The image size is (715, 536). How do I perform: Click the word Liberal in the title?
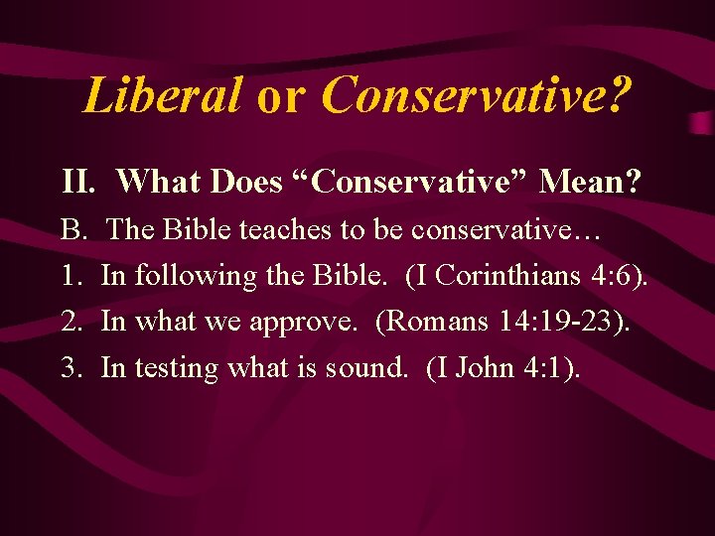(162, 95)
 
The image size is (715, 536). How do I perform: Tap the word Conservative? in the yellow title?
(477, 95)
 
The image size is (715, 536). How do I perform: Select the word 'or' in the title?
(281, 97)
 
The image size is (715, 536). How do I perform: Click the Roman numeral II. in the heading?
(77, 182)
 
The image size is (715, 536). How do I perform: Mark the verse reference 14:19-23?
(562, 322)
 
